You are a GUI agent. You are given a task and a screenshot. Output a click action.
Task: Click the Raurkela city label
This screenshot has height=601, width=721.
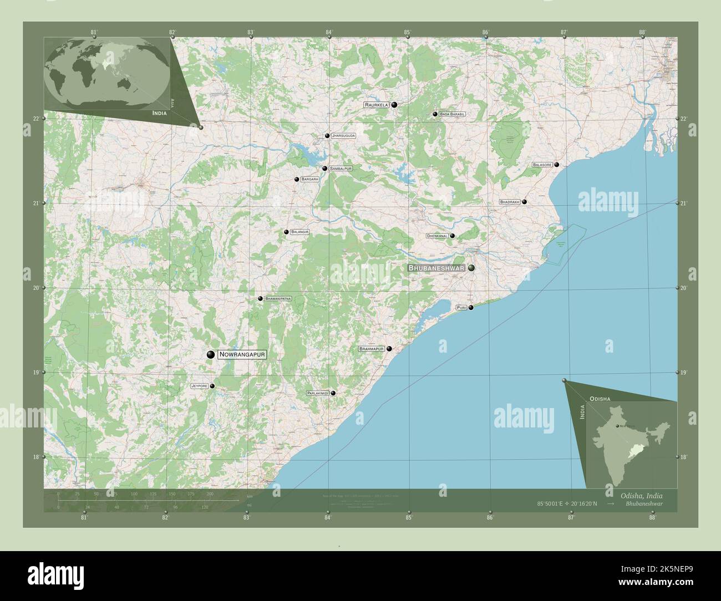tap(377, 105)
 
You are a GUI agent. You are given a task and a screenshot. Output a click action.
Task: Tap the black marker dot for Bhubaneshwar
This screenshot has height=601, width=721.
tap(471, 268)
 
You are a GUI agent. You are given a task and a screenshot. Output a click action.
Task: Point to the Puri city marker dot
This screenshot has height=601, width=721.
tap(471, 308)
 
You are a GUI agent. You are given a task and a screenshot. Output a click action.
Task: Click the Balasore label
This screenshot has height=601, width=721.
tap(542, 165)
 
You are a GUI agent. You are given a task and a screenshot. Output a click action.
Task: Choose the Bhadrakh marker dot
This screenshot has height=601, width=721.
tap(524, 202)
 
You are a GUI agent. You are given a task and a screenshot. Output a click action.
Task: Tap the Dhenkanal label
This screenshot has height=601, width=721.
tap(437, 236)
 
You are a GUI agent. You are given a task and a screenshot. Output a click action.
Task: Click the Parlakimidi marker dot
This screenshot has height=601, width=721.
tap(333, 393)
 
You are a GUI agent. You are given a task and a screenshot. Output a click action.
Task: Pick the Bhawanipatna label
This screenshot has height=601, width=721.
tap(278, 298)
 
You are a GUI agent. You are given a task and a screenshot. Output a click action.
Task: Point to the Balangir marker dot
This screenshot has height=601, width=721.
tap(286, 232)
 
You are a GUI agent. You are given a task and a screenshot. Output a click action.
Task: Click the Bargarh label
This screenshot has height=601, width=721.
tap(310, 179)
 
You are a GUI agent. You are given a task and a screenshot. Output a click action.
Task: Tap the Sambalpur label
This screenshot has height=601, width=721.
tap(341, 168)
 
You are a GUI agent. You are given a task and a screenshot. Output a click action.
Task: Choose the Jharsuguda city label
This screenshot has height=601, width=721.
tap(343, 135)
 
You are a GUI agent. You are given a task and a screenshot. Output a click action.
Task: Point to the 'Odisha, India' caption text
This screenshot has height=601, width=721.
tap(638, 495)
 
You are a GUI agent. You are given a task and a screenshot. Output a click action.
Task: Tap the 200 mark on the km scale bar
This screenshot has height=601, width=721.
tap(210, 493)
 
